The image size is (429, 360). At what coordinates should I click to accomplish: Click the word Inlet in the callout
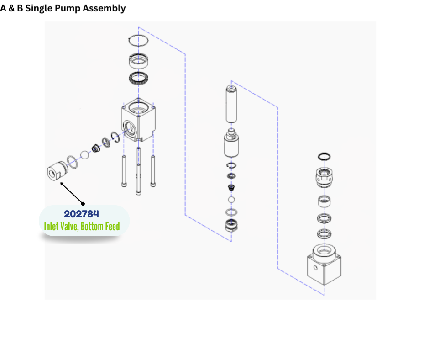click(52, 226)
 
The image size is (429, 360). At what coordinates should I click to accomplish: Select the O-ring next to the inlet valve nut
click(72, 161)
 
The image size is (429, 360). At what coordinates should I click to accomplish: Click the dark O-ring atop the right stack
click(324, 156)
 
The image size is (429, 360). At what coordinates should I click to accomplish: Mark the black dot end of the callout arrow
click(83, 203)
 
